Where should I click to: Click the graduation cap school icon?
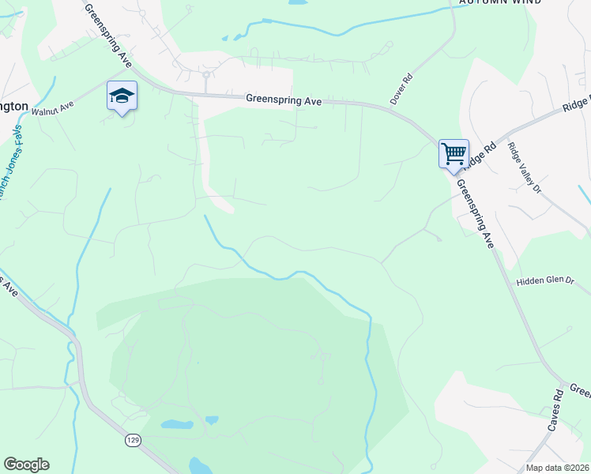click(122, 96)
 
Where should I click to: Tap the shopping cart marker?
click(454, 152)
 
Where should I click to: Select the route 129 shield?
click(132, 439)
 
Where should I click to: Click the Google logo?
click(26, 465)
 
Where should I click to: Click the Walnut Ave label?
click(52, 107)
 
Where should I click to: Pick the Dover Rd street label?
click(401, 89)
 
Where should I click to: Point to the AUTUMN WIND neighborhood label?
click(501, 2)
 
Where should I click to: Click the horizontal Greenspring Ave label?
click(283, 100)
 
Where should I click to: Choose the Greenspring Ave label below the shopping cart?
click(474, 214)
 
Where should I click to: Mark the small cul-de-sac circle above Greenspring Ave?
click(205, 75)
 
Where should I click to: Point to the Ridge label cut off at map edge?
click(576, 103)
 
